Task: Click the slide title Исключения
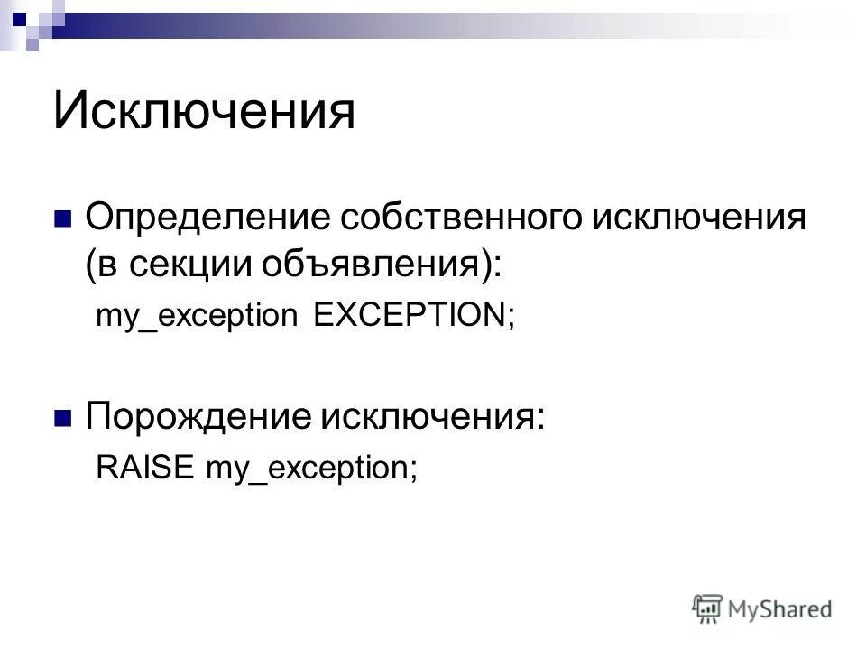(x=205, y=111)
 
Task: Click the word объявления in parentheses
(x=378, y=265)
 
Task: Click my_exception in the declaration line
(x=197, y=317)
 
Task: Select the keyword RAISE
(x=146, y=468)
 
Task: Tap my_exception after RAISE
(x=305, y=469)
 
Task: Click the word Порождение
(x=199, y=416)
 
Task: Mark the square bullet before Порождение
(x=63, y=417)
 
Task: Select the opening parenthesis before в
(x=91, y=265)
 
